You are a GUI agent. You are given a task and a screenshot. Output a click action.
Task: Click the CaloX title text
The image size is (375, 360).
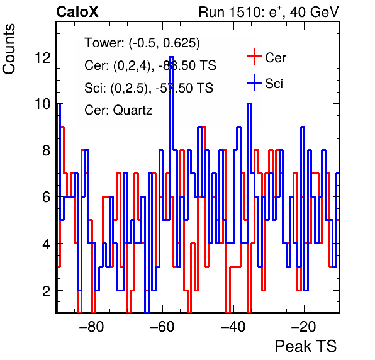[77, 12]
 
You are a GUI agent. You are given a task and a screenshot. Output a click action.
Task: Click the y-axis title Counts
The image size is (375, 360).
[9, 49]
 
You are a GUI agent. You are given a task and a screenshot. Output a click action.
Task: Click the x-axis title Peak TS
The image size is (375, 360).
[306, 346]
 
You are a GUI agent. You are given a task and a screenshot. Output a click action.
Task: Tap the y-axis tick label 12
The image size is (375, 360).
[43, 57]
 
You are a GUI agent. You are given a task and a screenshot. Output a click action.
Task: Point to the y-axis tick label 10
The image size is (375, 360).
[43, 104]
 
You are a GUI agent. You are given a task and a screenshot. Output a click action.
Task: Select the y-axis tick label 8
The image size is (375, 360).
[47, 150]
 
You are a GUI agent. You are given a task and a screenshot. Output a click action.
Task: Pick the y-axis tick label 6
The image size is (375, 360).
[47, 197]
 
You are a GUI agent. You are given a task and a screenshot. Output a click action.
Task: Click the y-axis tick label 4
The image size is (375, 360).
[47, 244]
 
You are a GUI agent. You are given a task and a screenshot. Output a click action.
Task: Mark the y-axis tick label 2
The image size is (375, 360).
[47, 291]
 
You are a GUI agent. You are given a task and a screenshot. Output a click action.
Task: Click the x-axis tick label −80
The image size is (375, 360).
[92, 326]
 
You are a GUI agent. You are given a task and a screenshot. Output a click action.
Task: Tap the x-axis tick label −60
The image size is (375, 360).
[162, 326]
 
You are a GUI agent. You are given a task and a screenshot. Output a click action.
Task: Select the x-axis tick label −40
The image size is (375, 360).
[233, 326]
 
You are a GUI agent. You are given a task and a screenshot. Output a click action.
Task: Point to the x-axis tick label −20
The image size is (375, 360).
[304, 326]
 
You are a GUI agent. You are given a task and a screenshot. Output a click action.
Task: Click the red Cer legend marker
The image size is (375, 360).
[254, 57]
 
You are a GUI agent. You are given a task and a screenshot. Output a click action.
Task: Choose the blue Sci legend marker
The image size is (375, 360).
[254, 82]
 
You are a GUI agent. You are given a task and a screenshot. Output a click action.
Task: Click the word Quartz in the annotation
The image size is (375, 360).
[133, 111]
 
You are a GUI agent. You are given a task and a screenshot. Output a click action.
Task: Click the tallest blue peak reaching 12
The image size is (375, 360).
[171, 57]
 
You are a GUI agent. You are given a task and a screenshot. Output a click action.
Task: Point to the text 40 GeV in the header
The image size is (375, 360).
[314, 12]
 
